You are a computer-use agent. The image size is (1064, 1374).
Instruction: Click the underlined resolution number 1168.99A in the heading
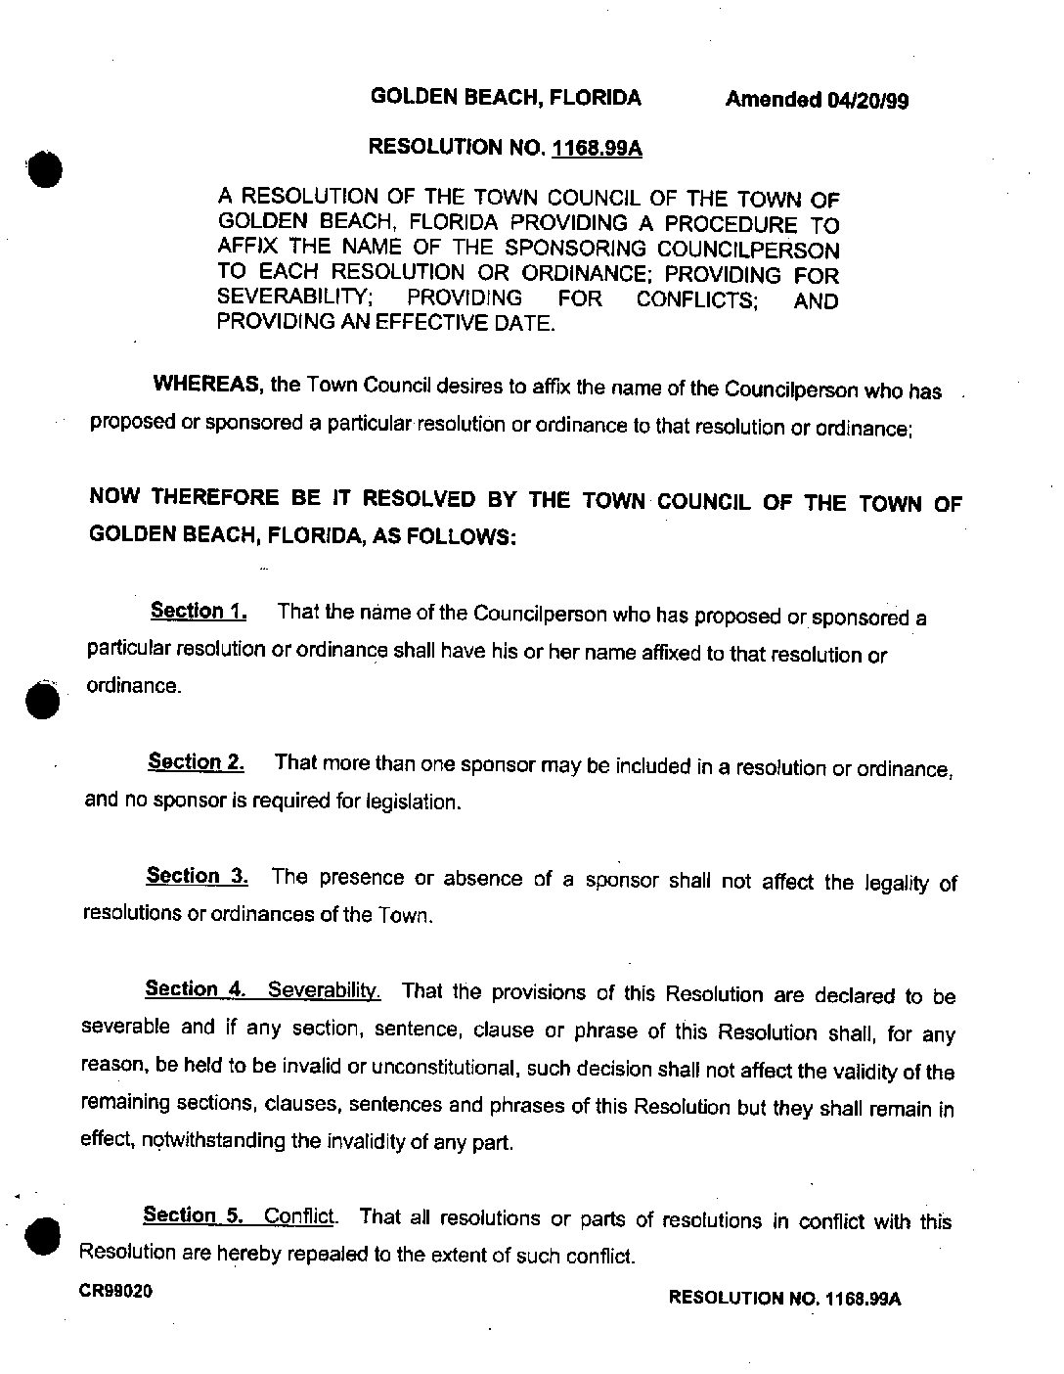pos(597,149)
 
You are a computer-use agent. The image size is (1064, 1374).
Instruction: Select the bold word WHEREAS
pos(205,385)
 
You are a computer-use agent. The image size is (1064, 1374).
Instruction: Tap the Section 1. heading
pos(199,612)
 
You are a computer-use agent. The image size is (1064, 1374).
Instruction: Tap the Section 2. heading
pos(196,761)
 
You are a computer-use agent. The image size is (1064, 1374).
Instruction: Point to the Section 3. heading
pos(197,876)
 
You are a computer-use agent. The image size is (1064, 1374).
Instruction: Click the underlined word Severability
pos(324,989)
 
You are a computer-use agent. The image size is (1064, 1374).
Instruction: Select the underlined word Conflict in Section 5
pos(300,1216)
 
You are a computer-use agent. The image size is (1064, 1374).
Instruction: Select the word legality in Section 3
pos(897,883)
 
